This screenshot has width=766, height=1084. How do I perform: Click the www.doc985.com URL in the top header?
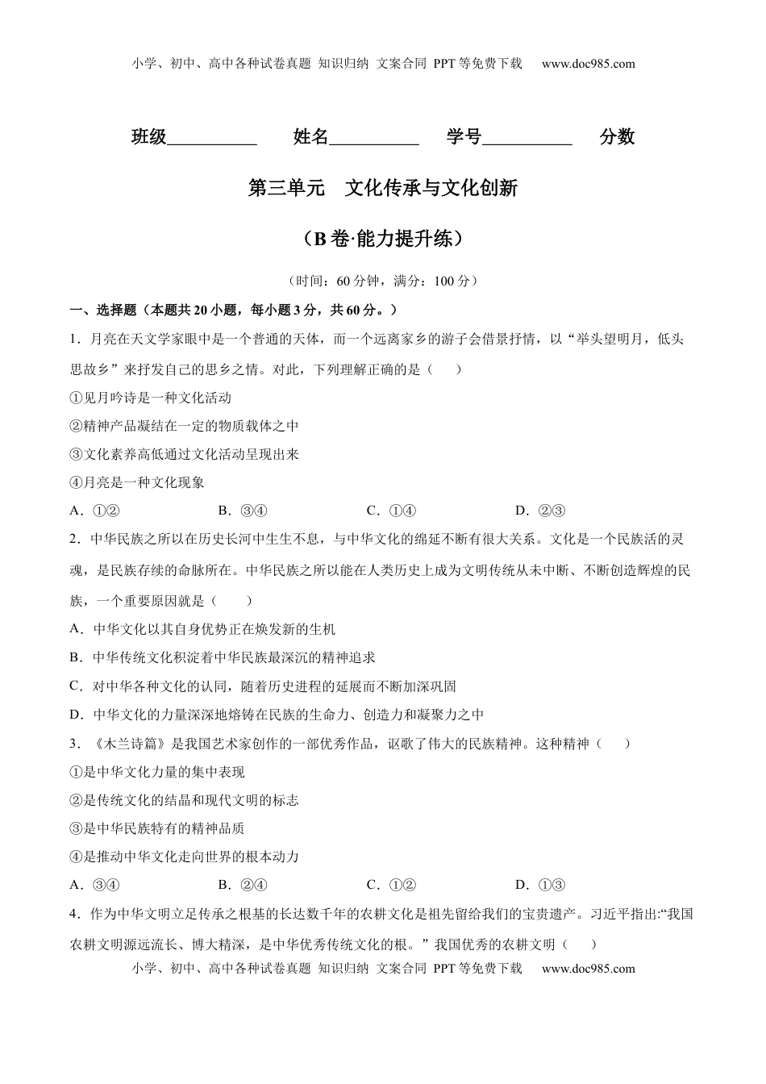[x=588, y=64]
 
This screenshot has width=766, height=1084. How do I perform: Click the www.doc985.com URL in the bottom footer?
[x=588, y=968]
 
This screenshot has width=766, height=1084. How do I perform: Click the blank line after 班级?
[x=211, y=138]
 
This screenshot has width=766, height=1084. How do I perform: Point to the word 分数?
[x=617, y=137]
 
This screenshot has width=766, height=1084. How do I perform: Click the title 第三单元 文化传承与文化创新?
[x=382, y=189]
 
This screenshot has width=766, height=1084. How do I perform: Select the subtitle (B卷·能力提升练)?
[x=382, y=239]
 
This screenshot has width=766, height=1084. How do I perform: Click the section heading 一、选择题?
[x=103, y=310]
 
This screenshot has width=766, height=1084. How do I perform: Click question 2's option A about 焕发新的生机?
[x=202, y=629]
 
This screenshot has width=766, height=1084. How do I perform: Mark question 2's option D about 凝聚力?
[x=277, y=715]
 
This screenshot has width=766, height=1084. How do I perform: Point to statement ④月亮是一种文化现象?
[x=137, y=482]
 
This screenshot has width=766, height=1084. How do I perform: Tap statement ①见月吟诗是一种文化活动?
[x=151, y=398]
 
